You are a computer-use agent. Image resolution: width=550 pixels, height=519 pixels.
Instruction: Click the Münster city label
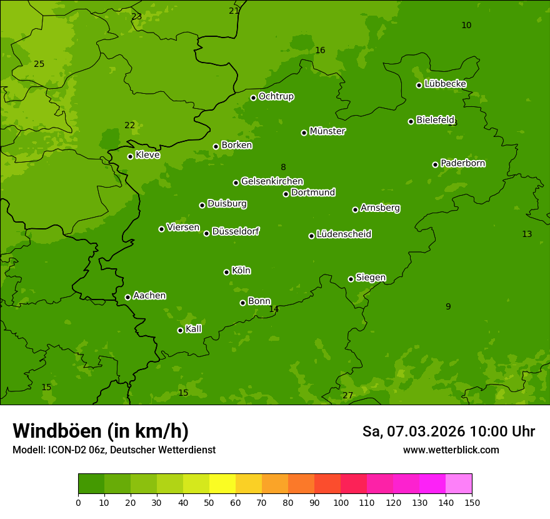click(x=327, y=131)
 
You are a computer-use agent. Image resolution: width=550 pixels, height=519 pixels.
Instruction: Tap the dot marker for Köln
click(x=226, y=272)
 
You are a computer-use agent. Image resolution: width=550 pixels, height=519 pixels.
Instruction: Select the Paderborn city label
click(x=463, y=163)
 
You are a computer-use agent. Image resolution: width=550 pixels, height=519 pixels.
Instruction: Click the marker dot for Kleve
click(x=130, y=156)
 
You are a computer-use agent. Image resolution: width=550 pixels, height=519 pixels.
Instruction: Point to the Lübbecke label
click(x=445, y=84)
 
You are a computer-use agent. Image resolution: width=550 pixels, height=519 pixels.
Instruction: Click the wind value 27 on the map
click(x=347, y=395)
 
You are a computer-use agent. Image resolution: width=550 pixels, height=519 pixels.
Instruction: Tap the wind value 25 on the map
click(x=39, y=64)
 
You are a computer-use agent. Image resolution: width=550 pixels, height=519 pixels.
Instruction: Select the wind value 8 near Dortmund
click(x=283, y=167)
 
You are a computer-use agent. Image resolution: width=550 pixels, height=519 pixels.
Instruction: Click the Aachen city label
click(x=149, y=296)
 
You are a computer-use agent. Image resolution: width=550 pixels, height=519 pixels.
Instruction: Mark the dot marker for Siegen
click(x=351, y=279)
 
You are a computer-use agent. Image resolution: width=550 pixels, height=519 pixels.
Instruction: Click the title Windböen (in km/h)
click(x=101, y=431)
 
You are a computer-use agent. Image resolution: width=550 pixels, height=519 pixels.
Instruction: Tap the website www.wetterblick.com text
click(x=451, y=450)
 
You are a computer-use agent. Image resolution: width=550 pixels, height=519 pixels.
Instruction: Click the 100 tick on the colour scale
click(x=341, y=502)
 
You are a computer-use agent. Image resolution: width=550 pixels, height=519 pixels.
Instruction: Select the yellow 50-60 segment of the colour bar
click(x=222, y=484)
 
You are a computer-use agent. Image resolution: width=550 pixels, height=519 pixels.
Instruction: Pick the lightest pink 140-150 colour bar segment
click(x=459, y=484)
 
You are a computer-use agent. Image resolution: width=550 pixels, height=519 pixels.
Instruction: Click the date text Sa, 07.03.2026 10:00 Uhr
click(x=448, y=431)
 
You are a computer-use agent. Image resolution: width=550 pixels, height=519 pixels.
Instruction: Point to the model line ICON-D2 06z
click(x=114, y=450)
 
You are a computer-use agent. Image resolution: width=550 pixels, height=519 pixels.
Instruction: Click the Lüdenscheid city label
click(x=344, y=234)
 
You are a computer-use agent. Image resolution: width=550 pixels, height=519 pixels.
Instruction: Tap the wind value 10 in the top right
click(x=466, y=25)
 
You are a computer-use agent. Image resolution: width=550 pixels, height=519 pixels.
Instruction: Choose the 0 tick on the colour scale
click(x=78, y=502)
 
